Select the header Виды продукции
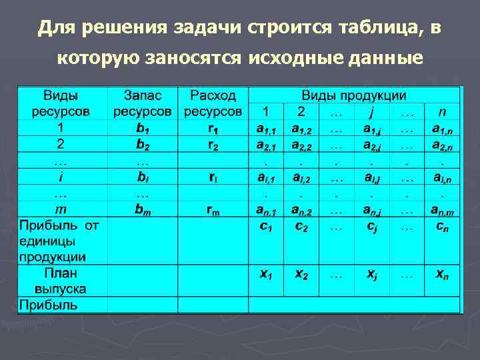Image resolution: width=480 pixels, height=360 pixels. point(354,95)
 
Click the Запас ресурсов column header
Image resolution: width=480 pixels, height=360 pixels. point(143,103)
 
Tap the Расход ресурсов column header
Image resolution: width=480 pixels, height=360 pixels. point(213,103)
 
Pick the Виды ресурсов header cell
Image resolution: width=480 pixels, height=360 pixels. point(62,103)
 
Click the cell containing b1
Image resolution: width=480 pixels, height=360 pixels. point(143,127)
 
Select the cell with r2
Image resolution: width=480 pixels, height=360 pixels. point(213,144)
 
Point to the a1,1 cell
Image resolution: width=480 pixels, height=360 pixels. point(266,127)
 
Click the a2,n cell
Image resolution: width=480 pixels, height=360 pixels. point(442,144)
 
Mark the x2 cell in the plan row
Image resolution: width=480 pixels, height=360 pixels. point(301,273)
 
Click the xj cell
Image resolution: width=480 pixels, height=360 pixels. point(372,273)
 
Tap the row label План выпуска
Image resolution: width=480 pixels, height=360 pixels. point(62,281)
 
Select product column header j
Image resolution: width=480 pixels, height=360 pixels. point(372,111)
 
